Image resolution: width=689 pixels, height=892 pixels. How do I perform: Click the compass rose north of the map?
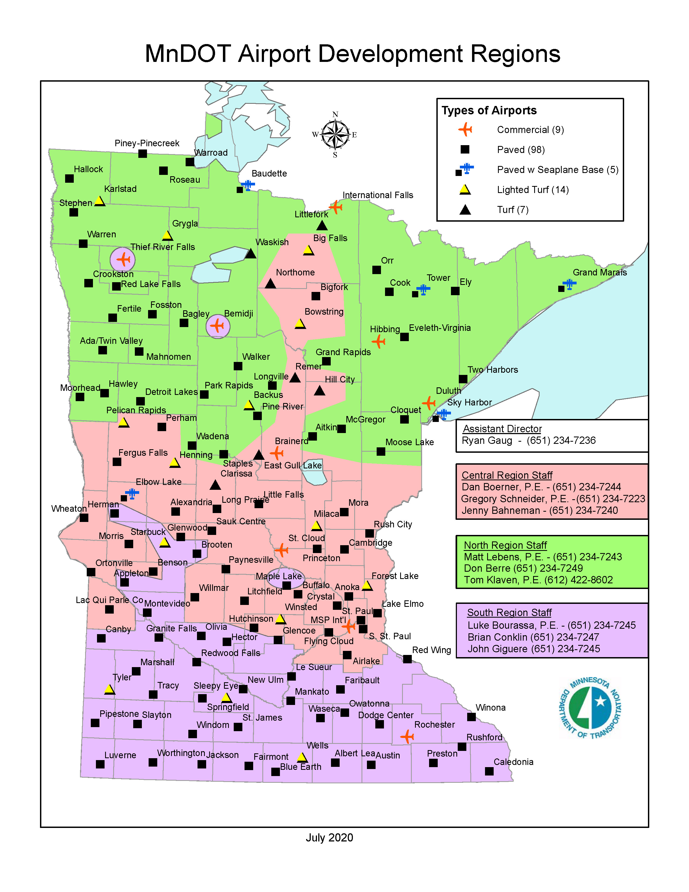coord(335,134)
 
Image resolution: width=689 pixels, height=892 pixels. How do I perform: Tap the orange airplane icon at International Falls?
coord(336,207)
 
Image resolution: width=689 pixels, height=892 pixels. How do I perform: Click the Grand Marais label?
coord(599,272)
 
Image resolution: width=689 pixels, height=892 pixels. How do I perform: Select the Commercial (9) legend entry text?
coord(530,130)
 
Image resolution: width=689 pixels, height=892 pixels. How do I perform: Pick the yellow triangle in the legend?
coord(465,189)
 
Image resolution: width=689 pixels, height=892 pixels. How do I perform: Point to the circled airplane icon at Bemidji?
coord(218,326)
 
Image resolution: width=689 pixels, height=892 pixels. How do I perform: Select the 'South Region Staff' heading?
coord(509,613)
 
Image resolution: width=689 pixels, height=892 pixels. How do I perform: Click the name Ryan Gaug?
coord(487,441)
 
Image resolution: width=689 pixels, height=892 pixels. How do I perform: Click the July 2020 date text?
coord(329,838)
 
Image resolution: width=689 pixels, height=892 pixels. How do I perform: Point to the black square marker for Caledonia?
coord(489,771)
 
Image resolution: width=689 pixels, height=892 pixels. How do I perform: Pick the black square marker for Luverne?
coord(100,764)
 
